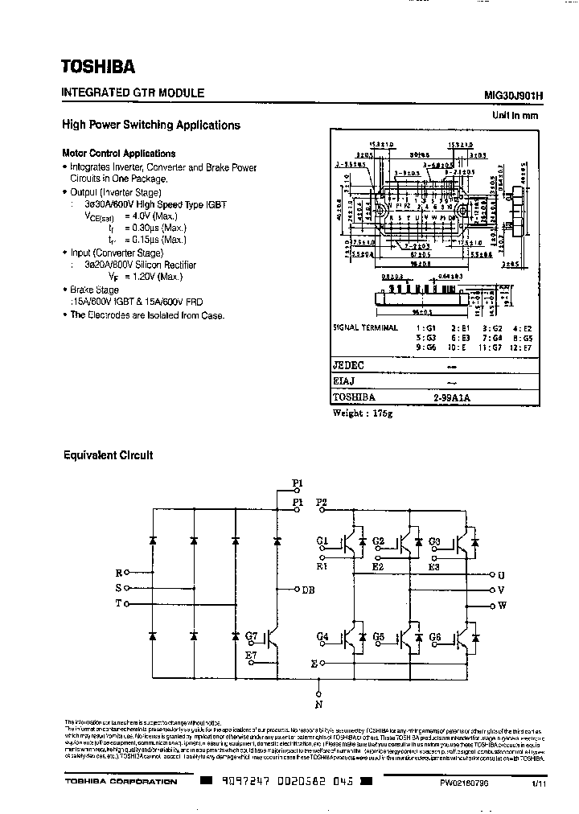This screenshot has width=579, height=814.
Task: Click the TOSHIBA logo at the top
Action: pos(100,65)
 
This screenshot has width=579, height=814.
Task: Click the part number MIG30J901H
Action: pos(514,95)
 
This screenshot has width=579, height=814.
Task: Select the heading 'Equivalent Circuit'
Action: pos(108,455)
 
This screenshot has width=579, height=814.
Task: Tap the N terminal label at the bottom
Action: pos(320,705)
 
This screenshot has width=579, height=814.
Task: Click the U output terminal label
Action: pos(502,575)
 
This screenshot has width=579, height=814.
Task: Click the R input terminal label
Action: pos(119,573)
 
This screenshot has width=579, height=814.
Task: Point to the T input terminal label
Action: pos(119,602)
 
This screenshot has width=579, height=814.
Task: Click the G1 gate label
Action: pos(322,541)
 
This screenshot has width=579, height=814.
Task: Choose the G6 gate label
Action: pos(434,637)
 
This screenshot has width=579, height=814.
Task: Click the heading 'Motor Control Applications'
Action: pos(119,153)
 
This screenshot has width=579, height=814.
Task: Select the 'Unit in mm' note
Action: pos(515,116)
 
